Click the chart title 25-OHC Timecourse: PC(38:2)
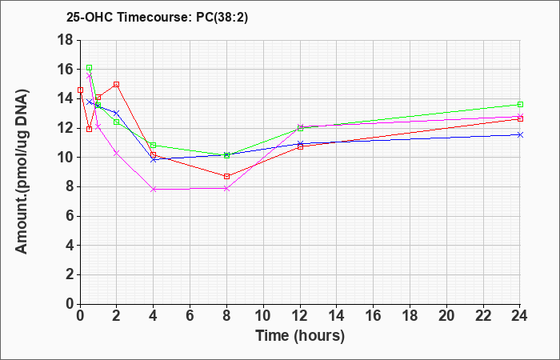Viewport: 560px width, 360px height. (157, 18)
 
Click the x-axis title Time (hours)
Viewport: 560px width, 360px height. (300, 336)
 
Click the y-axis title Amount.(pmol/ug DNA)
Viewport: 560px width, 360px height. (22, 171)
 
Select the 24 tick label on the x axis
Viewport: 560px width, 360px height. (520, 316)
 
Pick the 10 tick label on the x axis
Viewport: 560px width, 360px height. (263, 316)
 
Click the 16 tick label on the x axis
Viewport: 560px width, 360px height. (374, 316)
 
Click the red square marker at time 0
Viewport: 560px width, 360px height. (80, 90)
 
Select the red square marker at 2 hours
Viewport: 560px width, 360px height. (117, 84)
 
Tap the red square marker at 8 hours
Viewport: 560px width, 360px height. (226, 177)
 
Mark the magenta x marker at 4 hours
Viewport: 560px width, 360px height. (154, 190)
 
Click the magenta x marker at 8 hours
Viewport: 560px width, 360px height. (226, 188)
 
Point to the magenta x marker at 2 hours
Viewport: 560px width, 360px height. (117, 153)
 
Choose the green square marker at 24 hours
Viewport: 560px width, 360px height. (520, 104)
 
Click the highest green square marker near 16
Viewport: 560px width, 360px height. (90, 67)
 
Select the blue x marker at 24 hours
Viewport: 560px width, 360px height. (520, 134)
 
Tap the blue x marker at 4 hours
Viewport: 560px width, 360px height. (154, 160)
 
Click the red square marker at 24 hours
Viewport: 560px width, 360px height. (520, 119)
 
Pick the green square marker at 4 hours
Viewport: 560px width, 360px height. (154, 145)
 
